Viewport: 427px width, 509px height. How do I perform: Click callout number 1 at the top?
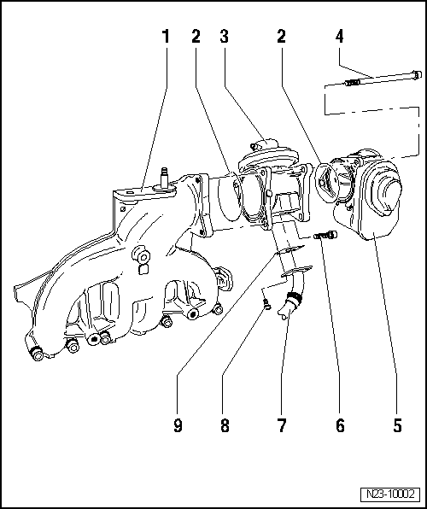click(166, 37)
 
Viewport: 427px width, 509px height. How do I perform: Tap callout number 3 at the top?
click(224, 37)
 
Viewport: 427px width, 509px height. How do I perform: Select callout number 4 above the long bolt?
click(339, 37)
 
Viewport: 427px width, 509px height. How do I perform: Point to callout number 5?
click(397, 424)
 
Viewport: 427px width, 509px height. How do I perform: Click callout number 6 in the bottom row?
click(339, 424)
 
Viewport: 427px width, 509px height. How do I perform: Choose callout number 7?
click(282, 424)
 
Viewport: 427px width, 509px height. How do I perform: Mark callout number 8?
click(225, 424)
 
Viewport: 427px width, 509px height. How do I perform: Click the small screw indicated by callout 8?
click(267, 303)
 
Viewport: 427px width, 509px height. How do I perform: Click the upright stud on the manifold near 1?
click(161, 176)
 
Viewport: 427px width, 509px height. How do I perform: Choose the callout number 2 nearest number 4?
click(281, 37)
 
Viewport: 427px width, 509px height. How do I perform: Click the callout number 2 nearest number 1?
click(195, 37)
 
